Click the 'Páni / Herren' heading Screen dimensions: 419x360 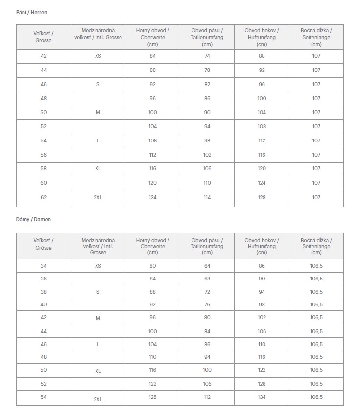tap(32, 12)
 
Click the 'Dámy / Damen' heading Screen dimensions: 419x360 tap(33, 219)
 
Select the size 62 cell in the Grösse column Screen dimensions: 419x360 tap(44, 197)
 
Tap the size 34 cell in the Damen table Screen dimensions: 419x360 tap(44, 266)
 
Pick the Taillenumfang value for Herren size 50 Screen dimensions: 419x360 tap(207, 112)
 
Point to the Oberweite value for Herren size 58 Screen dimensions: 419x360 tap(153, 168)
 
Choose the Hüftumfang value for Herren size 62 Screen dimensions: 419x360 tap(262, 197)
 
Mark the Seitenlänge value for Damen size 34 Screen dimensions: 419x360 tap(316, 266)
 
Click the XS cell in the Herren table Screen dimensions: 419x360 tap(98, 56)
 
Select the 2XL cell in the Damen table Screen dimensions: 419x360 tap(98, 399)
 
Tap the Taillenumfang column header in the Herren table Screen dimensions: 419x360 tap(207, 37)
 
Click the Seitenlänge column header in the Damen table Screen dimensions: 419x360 tap(316, 246)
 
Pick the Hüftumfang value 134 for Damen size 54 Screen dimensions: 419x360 tap(262, 397)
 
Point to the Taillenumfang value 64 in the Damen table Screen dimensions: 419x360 tap(207, 266)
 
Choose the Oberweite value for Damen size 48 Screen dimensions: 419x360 tap(153, 357)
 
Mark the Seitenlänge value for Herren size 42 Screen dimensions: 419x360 tap(316, 56)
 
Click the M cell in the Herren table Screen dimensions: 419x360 tap(98, 112)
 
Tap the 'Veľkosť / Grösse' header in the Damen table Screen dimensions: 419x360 tap(44, 244)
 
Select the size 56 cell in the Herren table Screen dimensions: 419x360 tap(44, 155)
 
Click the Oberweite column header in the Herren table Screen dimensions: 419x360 tap(153, 37)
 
